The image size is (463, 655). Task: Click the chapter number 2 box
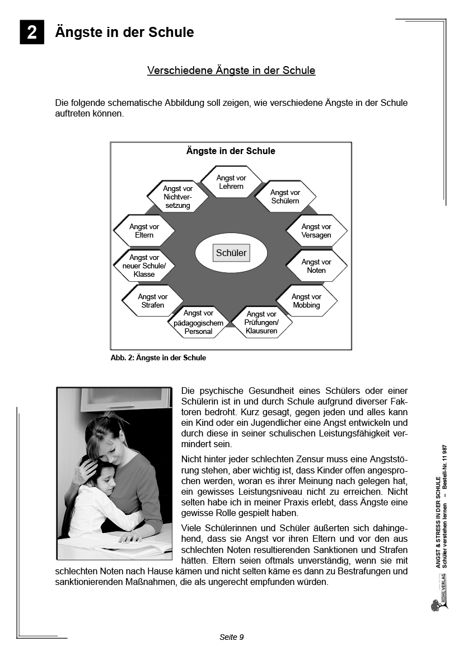[32, 32]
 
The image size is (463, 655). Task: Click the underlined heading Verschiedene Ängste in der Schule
[231, 71]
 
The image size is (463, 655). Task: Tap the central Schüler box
[231, 253]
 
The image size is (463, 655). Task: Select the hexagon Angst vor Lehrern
[231, 182]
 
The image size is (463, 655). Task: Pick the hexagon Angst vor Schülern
[285, 197]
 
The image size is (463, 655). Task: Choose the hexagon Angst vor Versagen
[316, 231]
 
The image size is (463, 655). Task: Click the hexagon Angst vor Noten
[316, 266]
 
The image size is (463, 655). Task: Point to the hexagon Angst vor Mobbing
[306, 301]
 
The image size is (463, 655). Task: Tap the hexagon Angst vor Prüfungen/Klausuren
[261, 323]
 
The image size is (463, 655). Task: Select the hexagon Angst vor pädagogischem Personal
[198, 323]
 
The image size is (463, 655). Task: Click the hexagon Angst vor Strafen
[153, 301]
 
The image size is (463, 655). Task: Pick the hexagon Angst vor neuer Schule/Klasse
[144, 266]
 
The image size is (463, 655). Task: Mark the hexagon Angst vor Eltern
[144, 231]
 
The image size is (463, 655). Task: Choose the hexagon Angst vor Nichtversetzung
[177, 197]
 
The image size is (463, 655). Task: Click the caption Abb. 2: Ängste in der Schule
[158, 358]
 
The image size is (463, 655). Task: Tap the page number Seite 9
[231, 637]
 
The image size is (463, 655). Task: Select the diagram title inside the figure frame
[231, 151]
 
